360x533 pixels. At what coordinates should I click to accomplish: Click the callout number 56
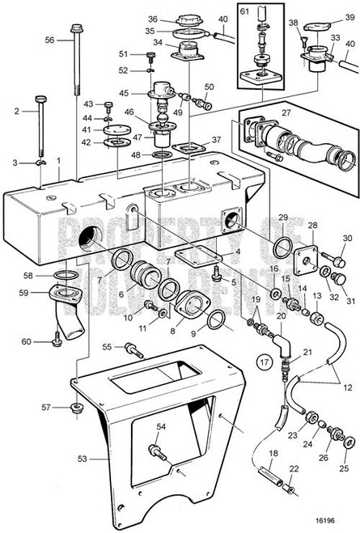point(49,40)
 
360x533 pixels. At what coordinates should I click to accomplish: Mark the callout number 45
point(124,92)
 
